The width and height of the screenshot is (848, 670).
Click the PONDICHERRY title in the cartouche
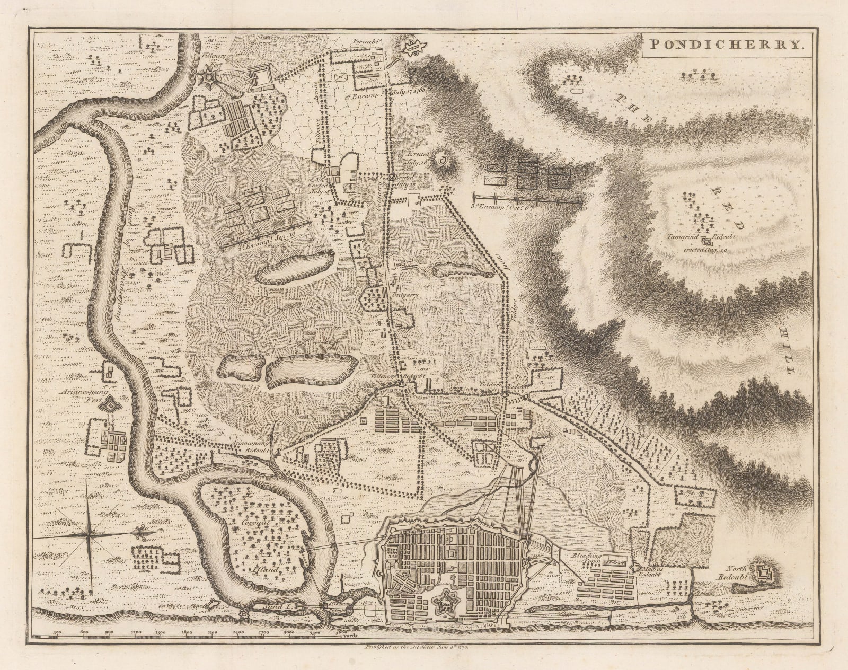(x=727, y=45)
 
